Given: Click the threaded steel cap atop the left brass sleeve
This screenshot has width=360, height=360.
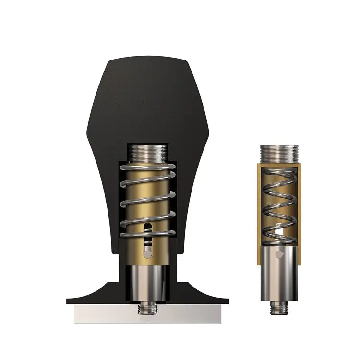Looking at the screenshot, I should [148, 153].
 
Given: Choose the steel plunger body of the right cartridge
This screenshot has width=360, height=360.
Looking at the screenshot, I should [279, 274].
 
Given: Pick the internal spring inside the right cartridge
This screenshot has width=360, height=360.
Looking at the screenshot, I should [279, 202].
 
